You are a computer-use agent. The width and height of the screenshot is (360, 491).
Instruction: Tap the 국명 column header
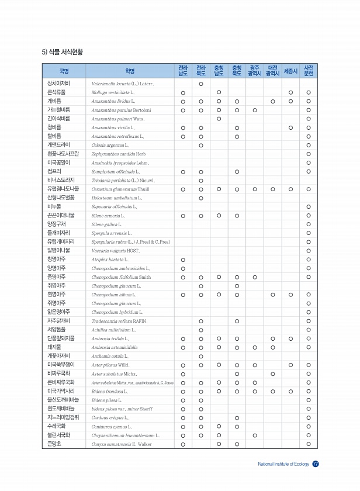click(64, 71)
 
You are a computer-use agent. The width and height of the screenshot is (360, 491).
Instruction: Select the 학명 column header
click(130, 71)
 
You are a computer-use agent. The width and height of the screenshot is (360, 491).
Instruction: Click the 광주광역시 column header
click(254, 71)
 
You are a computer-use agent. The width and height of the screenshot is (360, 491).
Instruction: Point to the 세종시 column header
click(291, 71)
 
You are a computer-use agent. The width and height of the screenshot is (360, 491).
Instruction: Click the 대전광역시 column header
click(272, 71)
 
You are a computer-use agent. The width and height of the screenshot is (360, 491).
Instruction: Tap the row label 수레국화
click(58, 426)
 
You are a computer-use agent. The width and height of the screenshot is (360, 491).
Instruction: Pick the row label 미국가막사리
click(60, 391)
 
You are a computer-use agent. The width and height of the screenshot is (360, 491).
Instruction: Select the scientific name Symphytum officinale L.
click(116, 171)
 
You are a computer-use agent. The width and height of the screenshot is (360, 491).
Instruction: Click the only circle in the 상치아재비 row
click(200, 84)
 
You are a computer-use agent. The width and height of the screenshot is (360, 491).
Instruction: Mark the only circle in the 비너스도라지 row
click(200, 180)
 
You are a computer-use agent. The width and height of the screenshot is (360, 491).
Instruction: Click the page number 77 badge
click(316, 464)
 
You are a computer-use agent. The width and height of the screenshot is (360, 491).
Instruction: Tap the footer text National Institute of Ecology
click(284, 465)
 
